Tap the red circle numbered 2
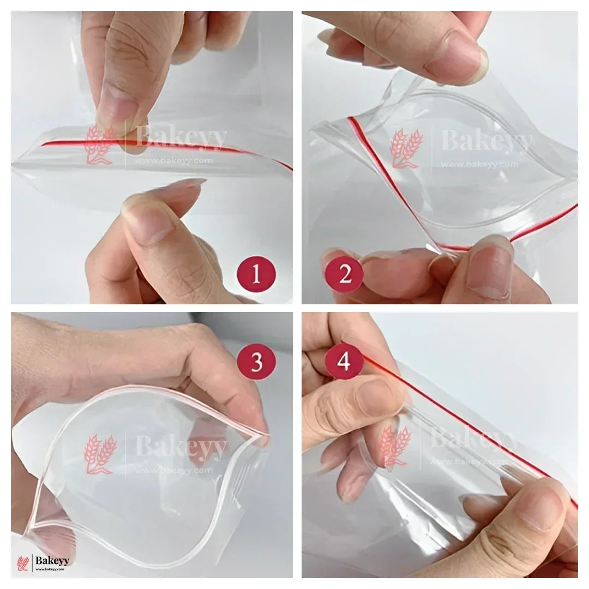[x=344, y=274]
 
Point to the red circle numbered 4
[x=344, y=360]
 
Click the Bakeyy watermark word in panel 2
[x=485, y=143]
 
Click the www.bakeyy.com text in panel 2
[x=479, y=164]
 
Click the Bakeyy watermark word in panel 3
[x=181, y=448]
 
